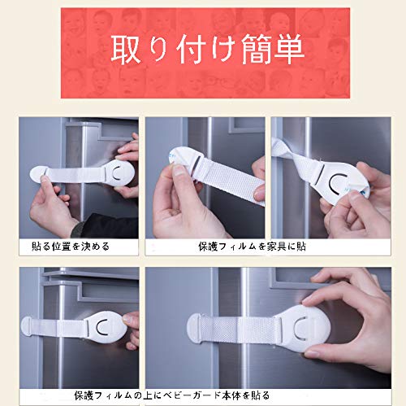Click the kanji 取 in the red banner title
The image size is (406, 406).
(x=126, y=50)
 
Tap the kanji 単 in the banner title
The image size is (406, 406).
(x=289, y=50)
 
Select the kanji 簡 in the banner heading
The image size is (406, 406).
(x=257, y=50)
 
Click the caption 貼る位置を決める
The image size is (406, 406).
(x=71, y=247)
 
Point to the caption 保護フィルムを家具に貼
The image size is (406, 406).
(x=252, y=247)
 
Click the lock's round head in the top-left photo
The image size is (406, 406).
(x=120, y=173)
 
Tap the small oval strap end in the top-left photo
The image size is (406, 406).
(x=37, y=173)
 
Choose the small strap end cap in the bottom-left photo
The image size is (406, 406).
(x=27, y=326)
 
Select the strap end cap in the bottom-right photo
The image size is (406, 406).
(x=194, y=328)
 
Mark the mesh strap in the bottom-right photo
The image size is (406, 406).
(x=241, y=328)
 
